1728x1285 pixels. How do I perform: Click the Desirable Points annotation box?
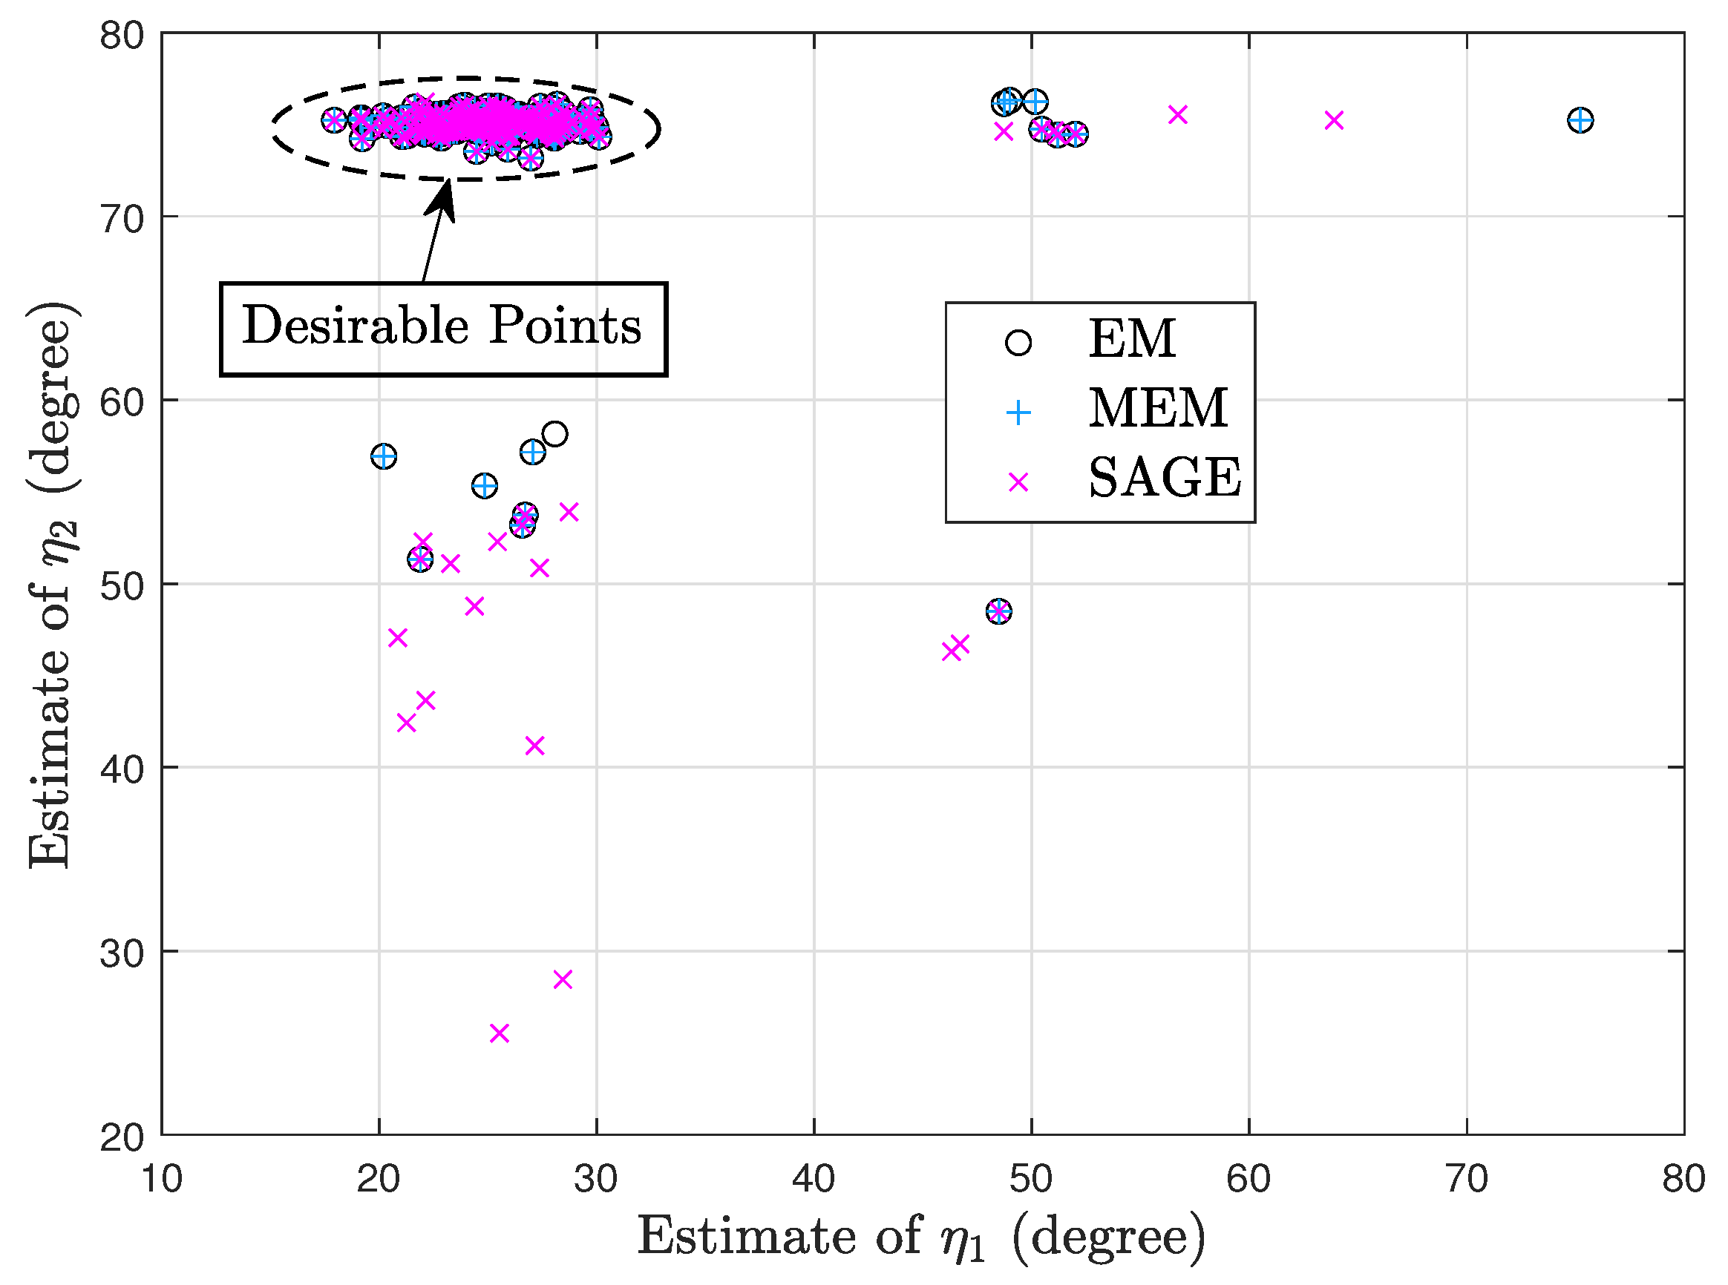tap(443, 328)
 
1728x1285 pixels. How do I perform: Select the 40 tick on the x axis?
tap(814, 1179)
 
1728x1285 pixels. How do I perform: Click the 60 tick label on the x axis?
tap(1248, 1179)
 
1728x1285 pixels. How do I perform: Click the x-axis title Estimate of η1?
tap(921, 1237)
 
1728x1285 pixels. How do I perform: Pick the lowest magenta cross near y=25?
tap(500, 1033)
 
